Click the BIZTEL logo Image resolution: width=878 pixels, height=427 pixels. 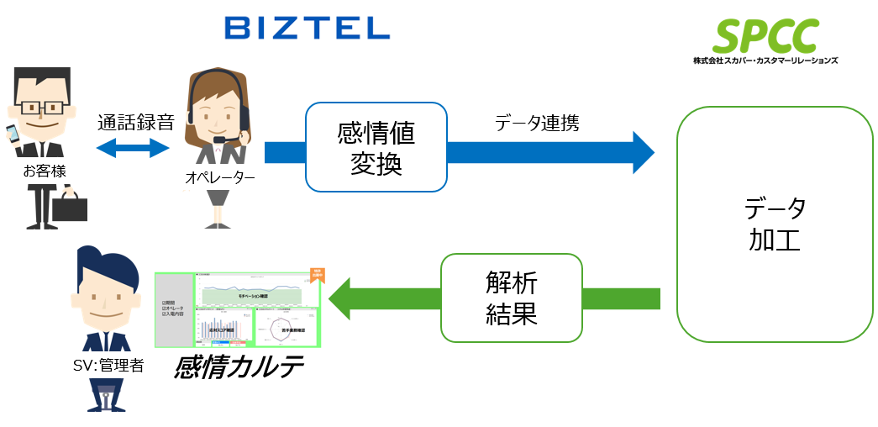[308, 29]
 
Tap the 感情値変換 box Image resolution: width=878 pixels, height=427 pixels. [376, 147]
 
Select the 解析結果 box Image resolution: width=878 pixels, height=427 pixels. [511, 298]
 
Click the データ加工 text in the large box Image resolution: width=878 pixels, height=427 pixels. [775, 224]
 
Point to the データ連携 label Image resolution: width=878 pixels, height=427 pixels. [536, 122]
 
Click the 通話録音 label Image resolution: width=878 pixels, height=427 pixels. [135, 122]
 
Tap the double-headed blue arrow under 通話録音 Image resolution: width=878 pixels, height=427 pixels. [134, 149]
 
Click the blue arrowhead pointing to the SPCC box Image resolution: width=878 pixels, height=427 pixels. [642, 152]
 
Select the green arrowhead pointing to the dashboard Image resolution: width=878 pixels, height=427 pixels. [343, 298]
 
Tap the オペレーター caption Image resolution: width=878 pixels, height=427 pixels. [219, 177]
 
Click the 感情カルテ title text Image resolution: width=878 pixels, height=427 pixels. [238, 367]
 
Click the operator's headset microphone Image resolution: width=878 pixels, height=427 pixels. [220, 140]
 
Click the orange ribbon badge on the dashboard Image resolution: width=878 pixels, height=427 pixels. [317, 277]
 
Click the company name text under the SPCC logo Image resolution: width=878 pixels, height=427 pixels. [765, 61]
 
